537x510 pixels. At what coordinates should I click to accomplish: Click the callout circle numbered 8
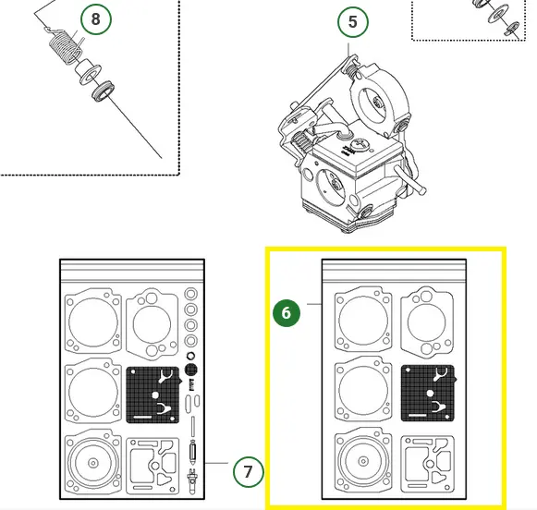point(96,19)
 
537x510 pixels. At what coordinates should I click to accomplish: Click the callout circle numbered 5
point(353,22)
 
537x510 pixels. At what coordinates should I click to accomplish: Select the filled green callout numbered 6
point(287,313)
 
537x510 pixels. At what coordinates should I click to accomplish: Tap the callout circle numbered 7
point(249,472)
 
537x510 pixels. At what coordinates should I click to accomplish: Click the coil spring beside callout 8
point(65,47)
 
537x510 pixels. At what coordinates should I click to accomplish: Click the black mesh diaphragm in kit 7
point(153,395)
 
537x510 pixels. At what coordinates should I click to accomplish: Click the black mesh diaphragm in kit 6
point(428,393)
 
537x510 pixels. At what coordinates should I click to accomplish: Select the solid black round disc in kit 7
point(191,370)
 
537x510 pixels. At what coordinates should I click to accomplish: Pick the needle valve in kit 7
point(192,453)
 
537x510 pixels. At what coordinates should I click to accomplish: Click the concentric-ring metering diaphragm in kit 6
point(363,461)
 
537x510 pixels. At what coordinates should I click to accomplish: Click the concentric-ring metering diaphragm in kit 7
point(93,463)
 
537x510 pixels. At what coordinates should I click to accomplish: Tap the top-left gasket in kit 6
point(363,322)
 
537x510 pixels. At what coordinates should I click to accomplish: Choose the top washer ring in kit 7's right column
point(191,294)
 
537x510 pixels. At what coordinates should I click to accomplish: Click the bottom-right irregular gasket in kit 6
point(428,464)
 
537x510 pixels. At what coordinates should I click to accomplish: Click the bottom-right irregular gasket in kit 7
point(153,466)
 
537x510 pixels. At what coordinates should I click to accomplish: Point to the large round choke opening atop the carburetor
point(378,101)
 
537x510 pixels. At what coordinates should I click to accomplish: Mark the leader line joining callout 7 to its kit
point(217,463)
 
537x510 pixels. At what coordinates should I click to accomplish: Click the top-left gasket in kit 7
point(93,322)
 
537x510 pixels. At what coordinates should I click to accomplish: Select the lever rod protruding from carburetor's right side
point(410,179)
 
